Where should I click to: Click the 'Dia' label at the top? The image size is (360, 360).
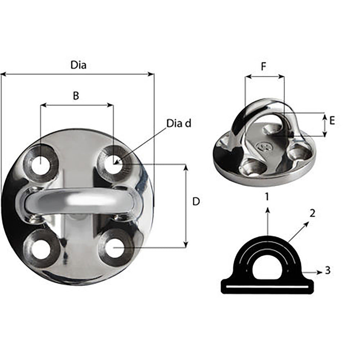click(x=78, y=65)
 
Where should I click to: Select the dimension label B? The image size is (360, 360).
click(x=76, y=96)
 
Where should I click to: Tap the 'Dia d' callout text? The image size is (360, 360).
click(x=179, y=123)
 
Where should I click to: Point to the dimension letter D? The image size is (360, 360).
click(x=196, y=202)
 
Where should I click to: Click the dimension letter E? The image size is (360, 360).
click(x=332, y=121)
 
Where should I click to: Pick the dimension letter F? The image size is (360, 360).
click(x=264, y=67)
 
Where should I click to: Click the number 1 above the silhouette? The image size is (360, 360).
click(x=266, y=197)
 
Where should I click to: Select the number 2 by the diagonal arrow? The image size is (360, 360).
click(x=312, y=213)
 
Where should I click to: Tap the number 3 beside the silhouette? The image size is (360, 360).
click(x=327, y=270)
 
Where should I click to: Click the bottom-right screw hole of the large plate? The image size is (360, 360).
click(x=114, y=248)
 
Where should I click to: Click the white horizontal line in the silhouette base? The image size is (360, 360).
click(x=267, y=287)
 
